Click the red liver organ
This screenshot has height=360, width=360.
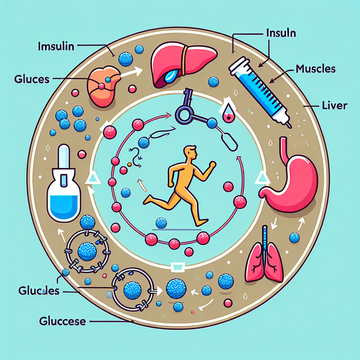pyautogui.click(x=182, y=63)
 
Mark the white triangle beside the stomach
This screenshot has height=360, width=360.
pyautogui.click(x=261, y=178)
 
